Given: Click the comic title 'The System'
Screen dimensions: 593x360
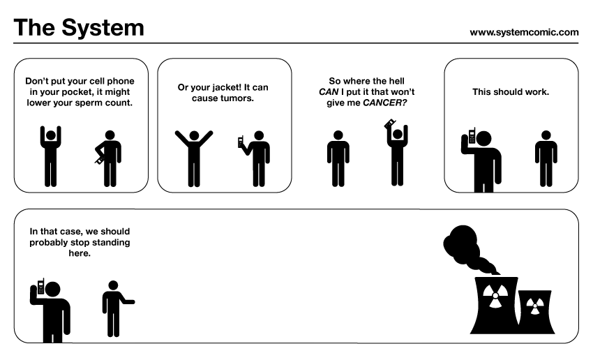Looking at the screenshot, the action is [79, 28].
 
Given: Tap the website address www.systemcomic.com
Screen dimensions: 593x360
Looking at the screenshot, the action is [524, 33].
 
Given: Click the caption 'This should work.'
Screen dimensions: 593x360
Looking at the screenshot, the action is [511, 92].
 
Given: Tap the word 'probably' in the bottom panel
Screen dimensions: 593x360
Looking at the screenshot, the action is [48, 243].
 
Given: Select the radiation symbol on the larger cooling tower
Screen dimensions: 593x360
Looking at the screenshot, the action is [495, 296].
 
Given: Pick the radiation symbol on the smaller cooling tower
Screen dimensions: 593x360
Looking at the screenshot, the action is [534, 306].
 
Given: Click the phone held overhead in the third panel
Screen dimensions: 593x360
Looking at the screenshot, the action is [389, 123].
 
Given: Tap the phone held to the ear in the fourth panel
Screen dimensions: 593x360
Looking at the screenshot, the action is [472, 136].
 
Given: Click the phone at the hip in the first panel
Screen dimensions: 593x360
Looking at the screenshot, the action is [99, 160].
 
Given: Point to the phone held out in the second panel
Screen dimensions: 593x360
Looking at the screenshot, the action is [240, 142].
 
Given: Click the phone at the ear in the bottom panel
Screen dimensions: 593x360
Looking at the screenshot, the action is [41, 286].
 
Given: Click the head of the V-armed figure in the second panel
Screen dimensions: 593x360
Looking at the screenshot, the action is [194, 135].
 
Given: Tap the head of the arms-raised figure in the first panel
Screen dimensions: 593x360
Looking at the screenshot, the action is [51, 135].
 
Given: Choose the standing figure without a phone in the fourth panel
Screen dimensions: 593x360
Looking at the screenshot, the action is [546, 158].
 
